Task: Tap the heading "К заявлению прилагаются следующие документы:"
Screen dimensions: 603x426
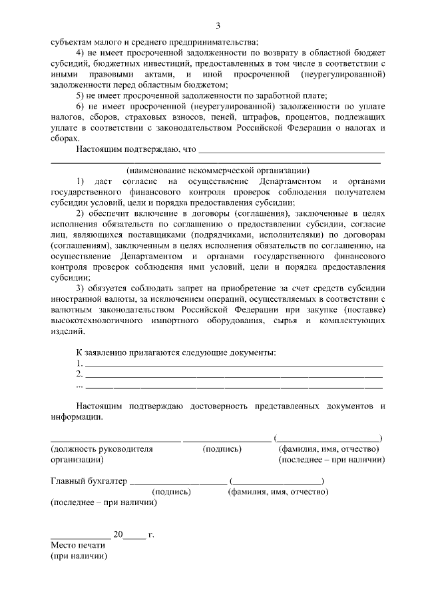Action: pyautogui.click(x=176, y=352)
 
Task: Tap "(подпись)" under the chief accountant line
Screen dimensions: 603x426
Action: pyautogui.click(x=172, y=492)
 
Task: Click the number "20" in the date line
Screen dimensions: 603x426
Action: pyautogui.click(x=118, y=534)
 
